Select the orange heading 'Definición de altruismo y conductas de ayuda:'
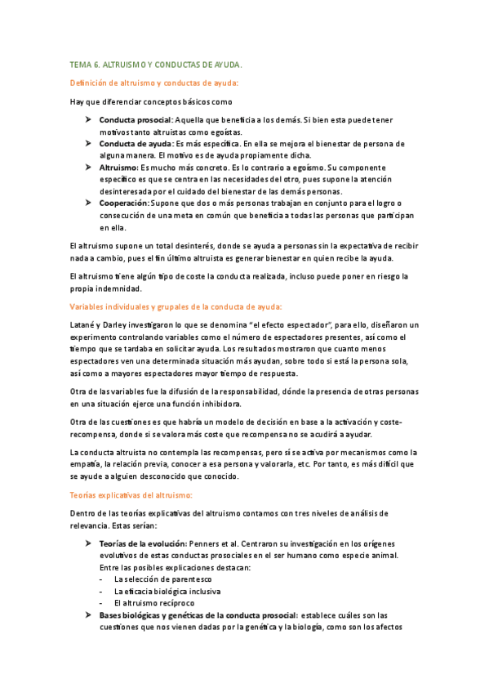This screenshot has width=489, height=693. pos(154,83)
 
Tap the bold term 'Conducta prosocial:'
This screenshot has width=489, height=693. pos(136,120)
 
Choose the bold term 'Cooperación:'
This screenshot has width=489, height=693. pos(124,202)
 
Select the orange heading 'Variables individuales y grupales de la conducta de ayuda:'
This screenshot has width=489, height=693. pos(176,306)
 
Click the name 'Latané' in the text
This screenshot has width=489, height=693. pos(84,325)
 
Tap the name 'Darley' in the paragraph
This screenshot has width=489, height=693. pos(122,325)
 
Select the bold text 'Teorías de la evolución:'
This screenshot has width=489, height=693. pos(142,543)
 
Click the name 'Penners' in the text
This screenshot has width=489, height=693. pos(206,543)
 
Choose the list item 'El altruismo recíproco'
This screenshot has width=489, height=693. pos(157,602)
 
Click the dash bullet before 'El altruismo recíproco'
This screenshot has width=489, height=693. pos(100,602)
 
